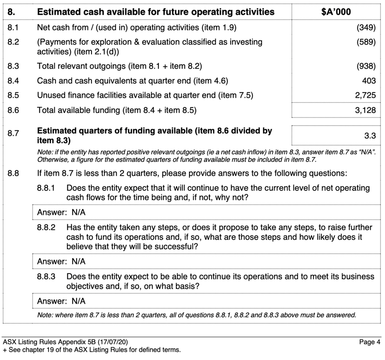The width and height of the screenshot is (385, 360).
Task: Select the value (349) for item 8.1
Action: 366,28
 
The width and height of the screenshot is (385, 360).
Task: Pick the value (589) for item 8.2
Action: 366,42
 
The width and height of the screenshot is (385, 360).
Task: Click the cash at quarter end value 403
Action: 369,81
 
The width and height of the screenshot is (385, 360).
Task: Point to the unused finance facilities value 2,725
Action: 365,95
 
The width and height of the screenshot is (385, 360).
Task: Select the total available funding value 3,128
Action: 365,110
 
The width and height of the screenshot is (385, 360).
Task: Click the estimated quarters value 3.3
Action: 370,136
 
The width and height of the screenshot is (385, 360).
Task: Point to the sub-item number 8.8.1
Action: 46,188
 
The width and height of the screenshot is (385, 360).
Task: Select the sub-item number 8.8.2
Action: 46,227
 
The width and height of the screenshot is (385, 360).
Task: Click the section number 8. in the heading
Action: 11,12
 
